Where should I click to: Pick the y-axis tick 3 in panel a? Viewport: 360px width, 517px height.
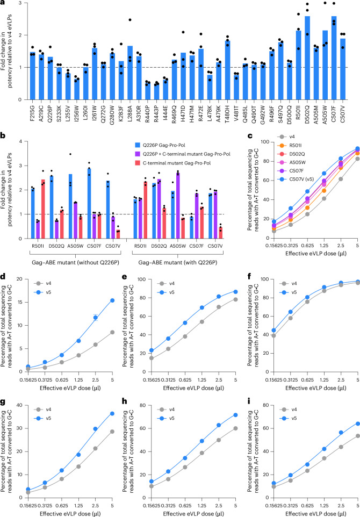(21, 3)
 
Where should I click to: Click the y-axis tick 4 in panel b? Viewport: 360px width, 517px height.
(21, 141)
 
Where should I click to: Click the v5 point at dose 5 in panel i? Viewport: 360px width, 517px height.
(358, 423)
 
